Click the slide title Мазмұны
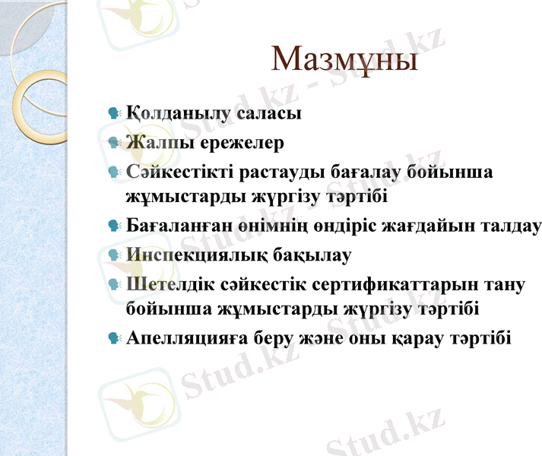click(344, 60)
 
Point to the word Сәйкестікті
click(179, 172)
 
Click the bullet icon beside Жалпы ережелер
click(115, 142)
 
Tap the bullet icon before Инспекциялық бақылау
click(115, 255)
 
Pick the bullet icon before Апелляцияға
click(115, 337)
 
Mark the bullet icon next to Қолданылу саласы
click(115, 114)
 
